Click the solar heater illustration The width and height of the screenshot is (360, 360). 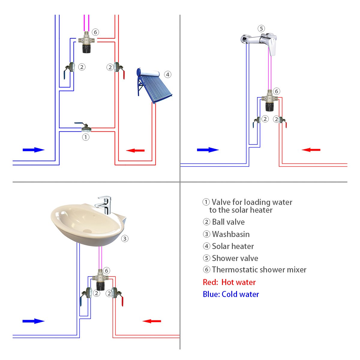[x=153, y=85]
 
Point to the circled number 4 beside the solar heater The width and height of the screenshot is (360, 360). [x=168, y=74]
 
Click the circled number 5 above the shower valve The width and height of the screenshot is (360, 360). [x=261, y=28]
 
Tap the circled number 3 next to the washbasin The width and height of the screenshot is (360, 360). [x=125, y=238]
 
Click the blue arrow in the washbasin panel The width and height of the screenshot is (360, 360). [x=33, y=321]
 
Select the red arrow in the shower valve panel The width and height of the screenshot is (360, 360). [x=311, y=150]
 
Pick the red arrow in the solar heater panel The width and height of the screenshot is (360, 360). [x=135, y=150]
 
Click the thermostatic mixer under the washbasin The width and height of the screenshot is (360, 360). [x=101, y=281]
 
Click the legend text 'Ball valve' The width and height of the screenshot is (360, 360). [x=228, y=222]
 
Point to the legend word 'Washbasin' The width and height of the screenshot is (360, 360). [x=231, y=234]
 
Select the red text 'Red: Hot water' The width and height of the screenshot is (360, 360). [x=229, y=282]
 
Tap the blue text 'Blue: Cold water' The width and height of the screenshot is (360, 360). [x=231, y=294]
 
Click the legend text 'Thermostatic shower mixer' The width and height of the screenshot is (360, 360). [x=259, y=270]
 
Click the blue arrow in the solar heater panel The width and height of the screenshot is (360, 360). [x=33, y=150]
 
